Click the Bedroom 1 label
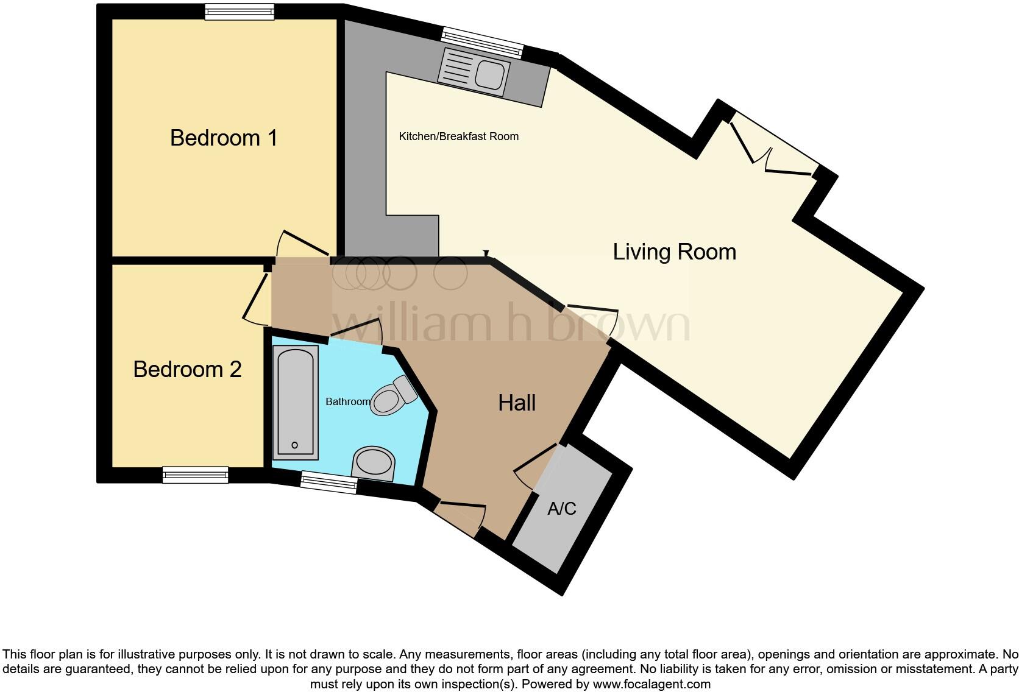pyautogui.click(x=223, y=138)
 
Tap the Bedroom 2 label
pyautogui.click(x=187, y=369)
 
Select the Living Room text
pyautogui.click(x=674, y=252)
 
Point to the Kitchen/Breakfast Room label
pyautogui.click(x=458, y=136)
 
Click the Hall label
pyautogui.click(x=517, y=403)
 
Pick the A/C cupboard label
pyautogui.click(x=562, y=508)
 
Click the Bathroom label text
pyautogui.click(x=348, y=401)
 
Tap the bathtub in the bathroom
pyautogui.click(x=295, y=403)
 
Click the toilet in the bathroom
pyautogui.click(x=393, y=395)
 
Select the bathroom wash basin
pyautogui.click(x=374, y=463)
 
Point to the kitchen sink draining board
pyautogui.click(x=458, y=68)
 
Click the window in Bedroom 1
pyautogui.click(x=240, y=12)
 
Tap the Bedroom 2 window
pyautogui.click(x=196, y=475)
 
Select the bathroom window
pyautogui.click(x=329, y=482)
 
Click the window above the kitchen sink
pyautogui.click(x=483, y=43)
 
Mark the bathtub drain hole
pyautogui.click(x=295, y=445)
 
